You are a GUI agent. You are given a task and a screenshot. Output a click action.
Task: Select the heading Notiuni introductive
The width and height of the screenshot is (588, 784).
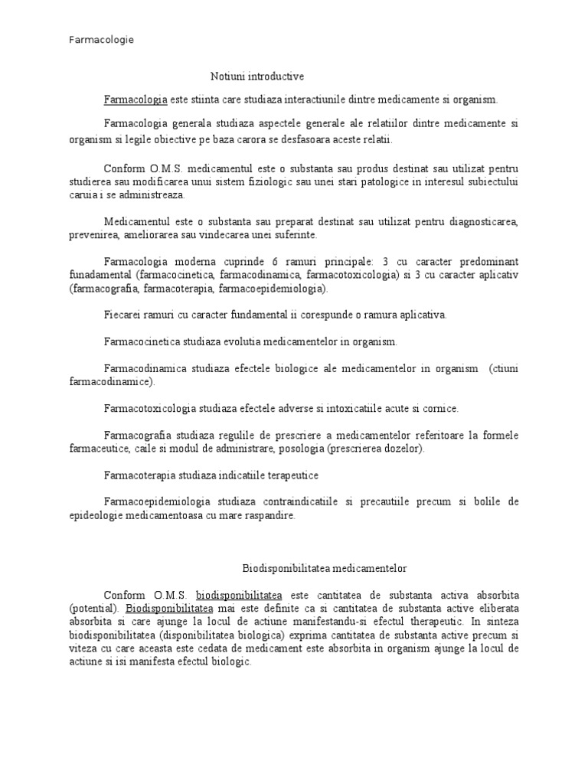257,77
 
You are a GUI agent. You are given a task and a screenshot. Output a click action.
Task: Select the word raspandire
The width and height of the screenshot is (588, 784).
269,516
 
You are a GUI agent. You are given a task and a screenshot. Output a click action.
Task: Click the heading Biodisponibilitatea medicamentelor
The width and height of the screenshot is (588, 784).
325,569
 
